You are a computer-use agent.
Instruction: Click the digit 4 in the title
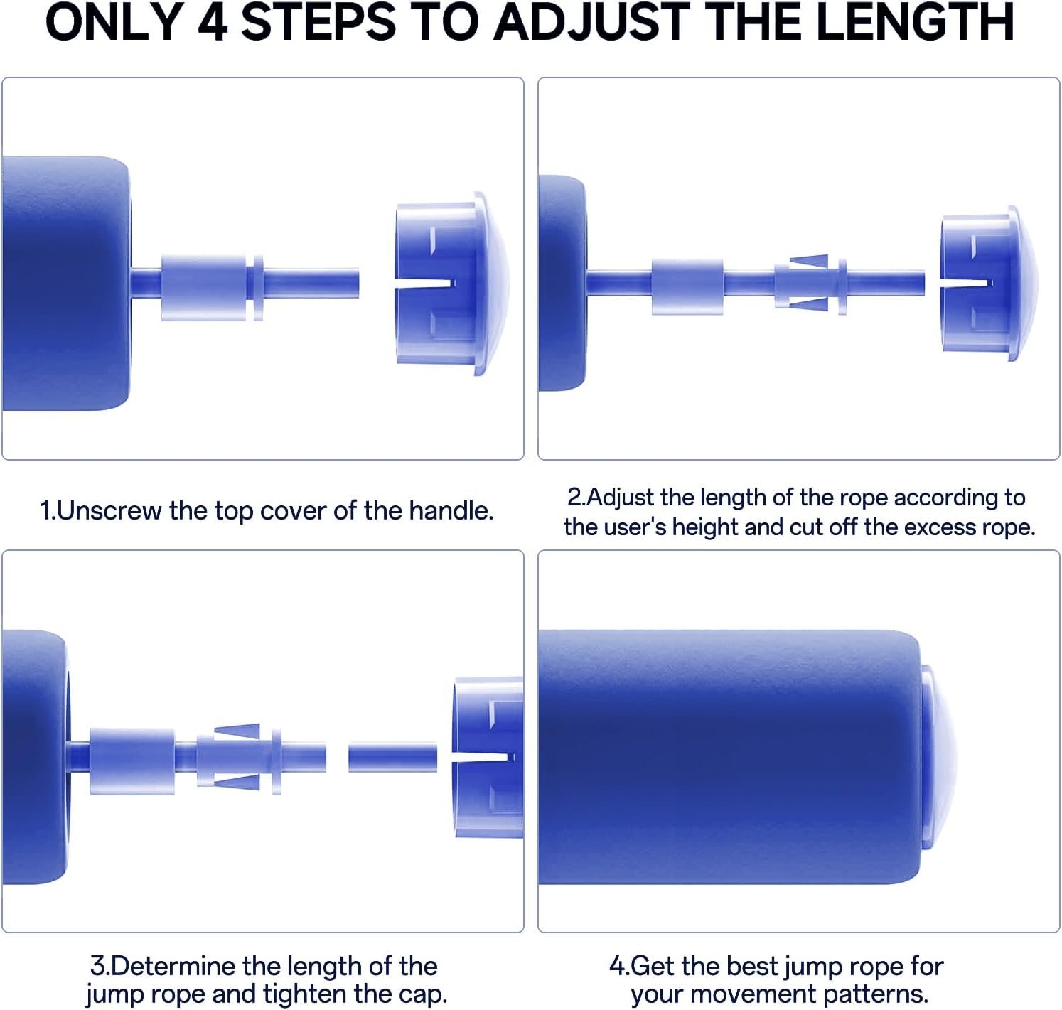click(213, 22)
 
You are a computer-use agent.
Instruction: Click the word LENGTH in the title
click(915, 22)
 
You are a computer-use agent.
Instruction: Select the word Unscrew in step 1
click(109, 510)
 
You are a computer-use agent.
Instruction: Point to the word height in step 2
click(705, 527)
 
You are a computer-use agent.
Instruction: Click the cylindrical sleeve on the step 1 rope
click(203, 287)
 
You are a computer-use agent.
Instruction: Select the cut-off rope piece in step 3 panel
click(392, 757)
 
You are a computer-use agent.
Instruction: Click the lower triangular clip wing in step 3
click(238, 782)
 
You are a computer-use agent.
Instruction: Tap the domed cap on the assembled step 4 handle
click(939, 757)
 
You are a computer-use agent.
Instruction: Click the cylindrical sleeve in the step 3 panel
click(132, 761)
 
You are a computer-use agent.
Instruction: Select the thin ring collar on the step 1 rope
click(258, 288)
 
